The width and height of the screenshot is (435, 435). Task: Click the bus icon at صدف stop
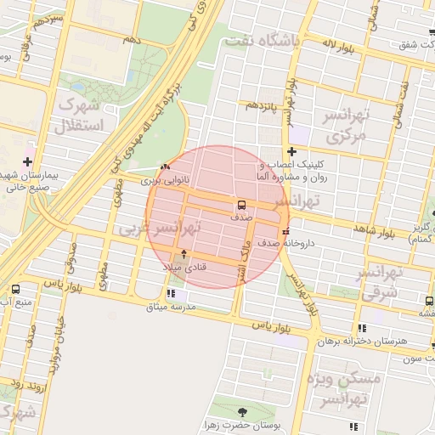click(242, 205)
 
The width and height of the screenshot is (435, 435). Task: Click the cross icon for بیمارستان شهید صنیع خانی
click(28, 161)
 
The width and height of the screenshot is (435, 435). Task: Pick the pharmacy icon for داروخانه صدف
click(285, 230)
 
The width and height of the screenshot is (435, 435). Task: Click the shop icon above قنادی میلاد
click(184, 254)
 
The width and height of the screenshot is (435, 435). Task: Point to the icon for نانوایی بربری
click(164, 168)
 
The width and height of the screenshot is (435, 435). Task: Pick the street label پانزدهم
click(264, 105)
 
